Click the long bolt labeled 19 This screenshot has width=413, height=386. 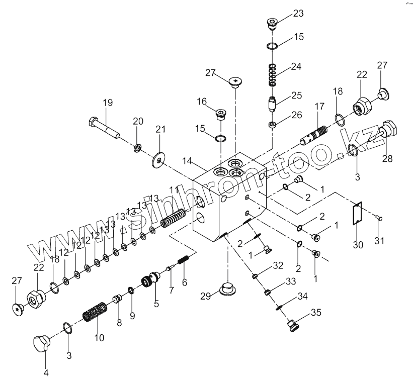[104, 128]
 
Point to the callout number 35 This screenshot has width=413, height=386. [316, 312]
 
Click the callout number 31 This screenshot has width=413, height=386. [380, 240]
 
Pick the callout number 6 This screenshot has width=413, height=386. [184, 282]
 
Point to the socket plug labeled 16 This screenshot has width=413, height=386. [219, 116]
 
